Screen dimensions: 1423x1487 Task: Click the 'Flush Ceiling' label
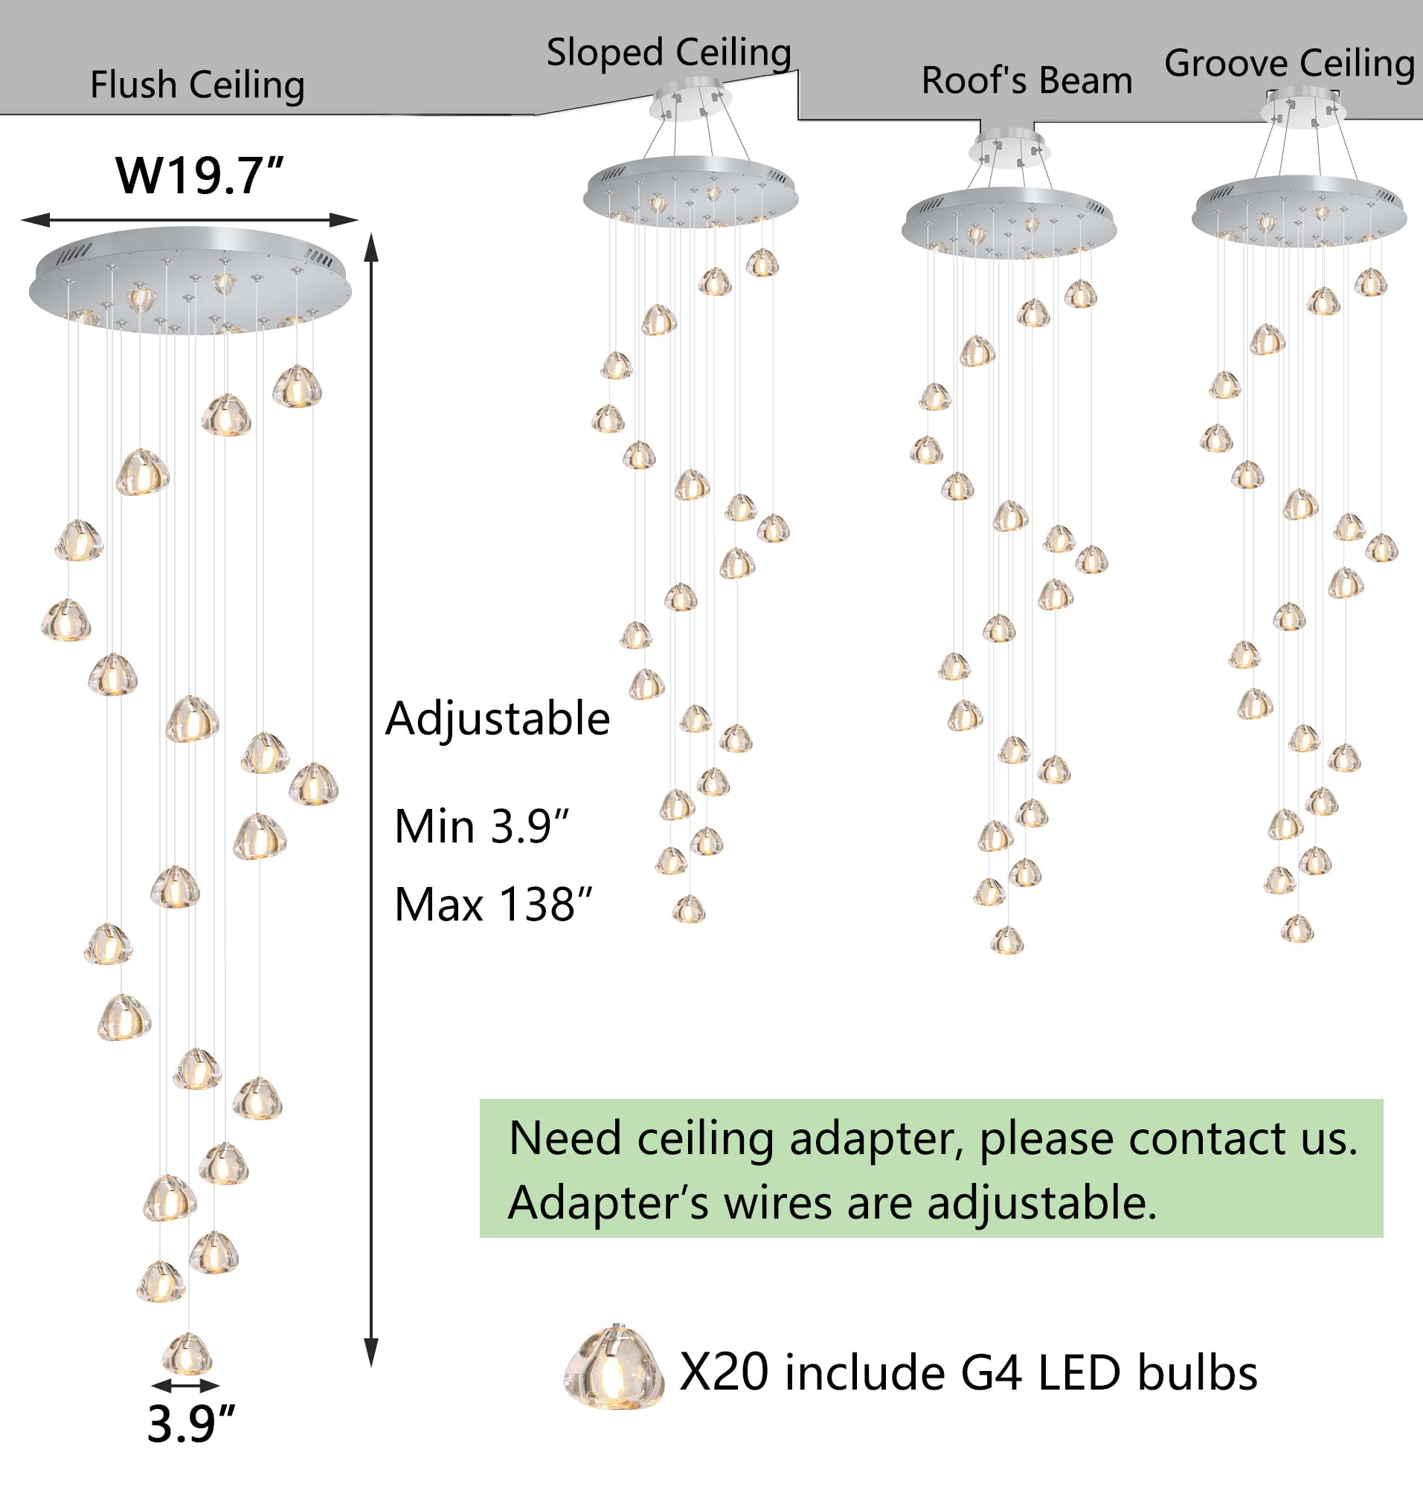point(197,85)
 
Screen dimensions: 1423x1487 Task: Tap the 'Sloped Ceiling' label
point(669,53)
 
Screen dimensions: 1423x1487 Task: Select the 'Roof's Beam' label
point(1027,80)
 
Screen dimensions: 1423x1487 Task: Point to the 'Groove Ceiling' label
point(1290,64)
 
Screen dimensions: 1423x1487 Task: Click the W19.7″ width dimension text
point(199,176)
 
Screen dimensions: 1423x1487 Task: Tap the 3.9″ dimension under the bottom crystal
point(191,1424)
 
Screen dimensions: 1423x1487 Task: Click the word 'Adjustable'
point(498,719)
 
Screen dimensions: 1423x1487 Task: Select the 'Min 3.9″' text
point(482,826)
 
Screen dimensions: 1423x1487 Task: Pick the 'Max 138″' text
point(493,905)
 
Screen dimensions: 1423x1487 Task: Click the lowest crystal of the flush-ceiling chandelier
point(187,1355)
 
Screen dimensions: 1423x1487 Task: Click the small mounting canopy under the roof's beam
point(1009,147)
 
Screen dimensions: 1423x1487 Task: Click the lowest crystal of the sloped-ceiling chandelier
point(689,909)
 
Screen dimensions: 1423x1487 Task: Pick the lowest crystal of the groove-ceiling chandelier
point(1297,929)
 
